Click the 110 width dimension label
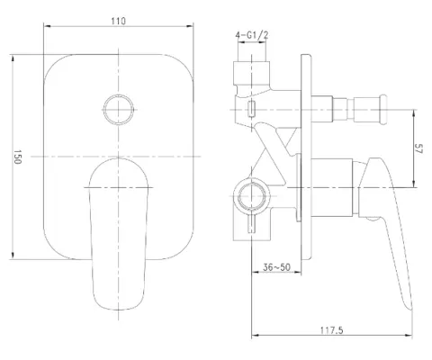[119, 22]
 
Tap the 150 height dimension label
[17, 157]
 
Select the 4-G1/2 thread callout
[252, 35]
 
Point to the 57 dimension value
[418, 148]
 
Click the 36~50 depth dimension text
[276, 266]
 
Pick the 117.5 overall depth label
[331, 330]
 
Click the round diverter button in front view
[119, 110]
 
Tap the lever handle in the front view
[119, 234]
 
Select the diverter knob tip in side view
[383, 109]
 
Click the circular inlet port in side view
[251, 197]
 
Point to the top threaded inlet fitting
[251, 74]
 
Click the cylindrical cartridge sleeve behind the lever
[332, 187]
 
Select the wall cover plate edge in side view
[306, 157]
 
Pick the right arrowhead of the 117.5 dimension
[409, 335]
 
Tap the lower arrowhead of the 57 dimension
[414, 184]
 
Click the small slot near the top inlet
[251, 109]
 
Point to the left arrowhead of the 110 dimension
[48, 26]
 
